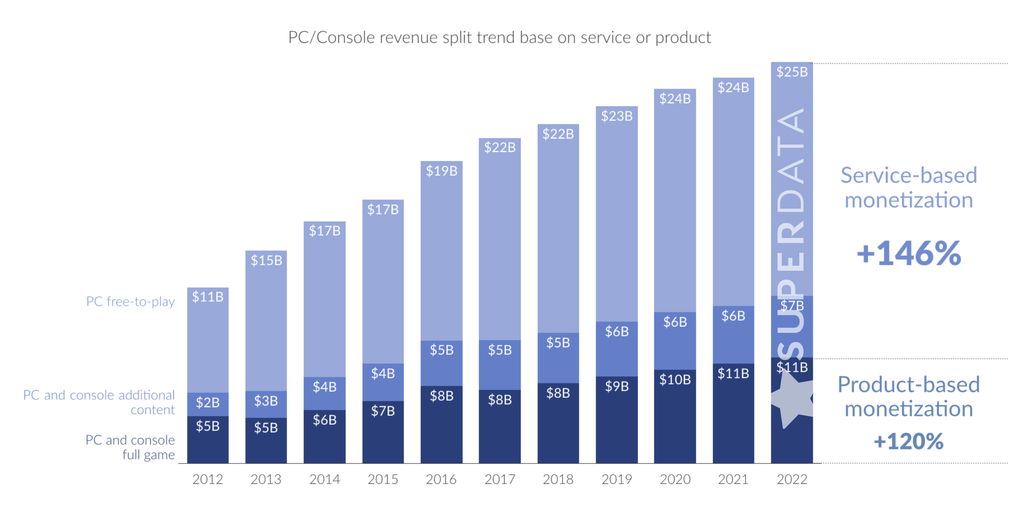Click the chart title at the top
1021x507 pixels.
click(499, 38)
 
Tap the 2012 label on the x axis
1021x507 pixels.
click(207, 479)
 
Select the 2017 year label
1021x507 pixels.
click(500, 479)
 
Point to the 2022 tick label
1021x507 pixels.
click(791, 479)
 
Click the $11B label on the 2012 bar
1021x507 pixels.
click(207, 297)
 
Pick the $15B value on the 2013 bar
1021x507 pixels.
click(266, 261)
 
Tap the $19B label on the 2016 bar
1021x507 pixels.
click(441, 171)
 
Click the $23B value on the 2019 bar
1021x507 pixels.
click(616, 116)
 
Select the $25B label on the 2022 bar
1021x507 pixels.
click(791, 72)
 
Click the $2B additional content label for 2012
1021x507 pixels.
click(207, 403)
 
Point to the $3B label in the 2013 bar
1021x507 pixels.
click(266, 401)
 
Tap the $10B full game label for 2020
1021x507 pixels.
click(675, 380)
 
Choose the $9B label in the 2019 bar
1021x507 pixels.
click(616, 387)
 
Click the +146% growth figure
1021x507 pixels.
click(908, 253)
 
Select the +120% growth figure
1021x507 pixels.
click(908, 442)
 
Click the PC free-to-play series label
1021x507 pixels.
click(130, 301)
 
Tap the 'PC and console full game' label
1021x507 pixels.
click(130, 447)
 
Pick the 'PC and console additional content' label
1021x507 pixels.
click(99, 402)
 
